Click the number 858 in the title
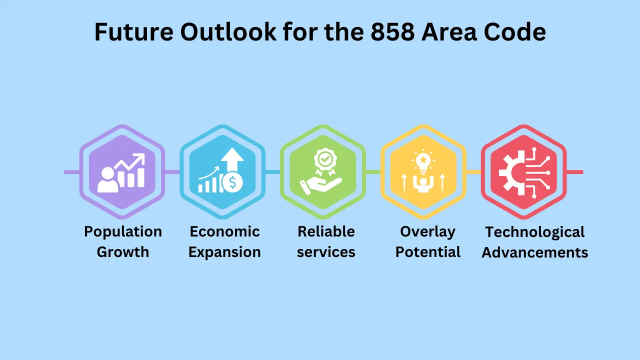392,31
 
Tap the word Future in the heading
134,31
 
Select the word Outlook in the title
228,31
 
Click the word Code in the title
515,31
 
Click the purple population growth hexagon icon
122,172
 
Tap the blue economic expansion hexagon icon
222,172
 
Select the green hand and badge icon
323,172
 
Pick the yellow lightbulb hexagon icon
423,172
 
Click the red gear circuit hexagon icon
523,172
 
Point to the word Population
123,231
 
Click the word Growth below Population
123,252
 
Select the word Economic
225,231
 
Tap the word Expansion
225,252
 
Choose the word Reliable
326,231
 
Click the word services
326,252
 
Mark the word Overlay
427,232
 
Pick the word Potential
427,252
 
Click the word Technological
535,232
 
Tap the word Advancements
535,252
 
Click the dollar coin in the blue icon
232,182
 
